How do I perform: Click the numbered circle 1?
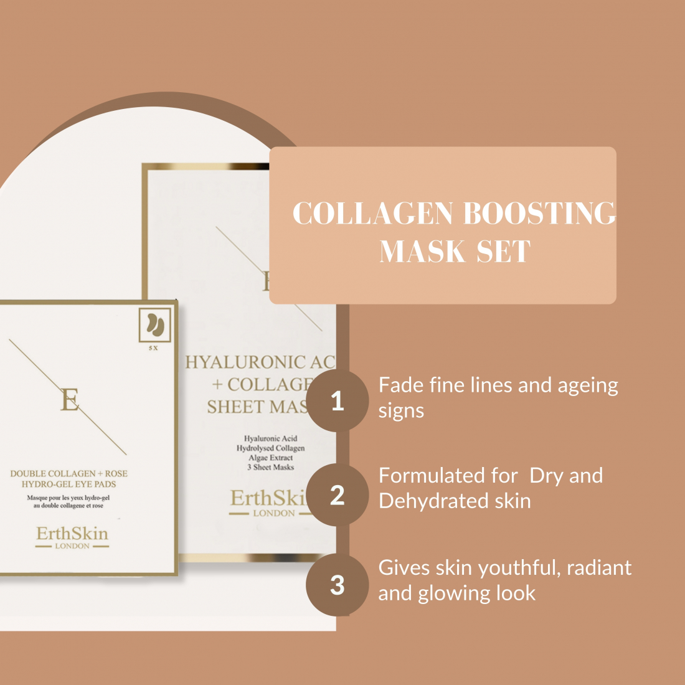[337, 401]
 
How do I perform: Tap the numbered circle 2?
[337, 495]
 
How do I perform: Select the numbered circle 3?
[337, 585]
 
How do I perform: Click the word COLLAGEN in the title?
[373, 214]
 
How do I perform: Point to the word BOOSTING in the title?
[539, 214]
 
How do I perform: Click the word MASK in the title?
[422, 252]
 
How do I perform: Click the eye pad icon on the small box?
[154, 324]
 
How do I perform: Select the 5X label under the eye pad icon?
[154, 348]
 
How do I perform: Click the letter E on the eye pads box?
[69, 400]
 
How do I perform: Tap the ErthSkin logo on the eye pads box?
[72, 534]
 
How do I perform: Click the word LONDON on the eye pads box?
[72, 546]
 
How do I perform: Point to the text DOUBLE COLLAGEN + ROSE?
[68, 474]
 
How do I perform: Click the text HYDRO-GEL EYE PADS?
[68, 484]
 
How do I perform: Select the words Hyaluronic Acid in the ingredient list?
[271, 438]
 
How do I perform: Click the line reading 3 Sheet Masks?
[271, 467]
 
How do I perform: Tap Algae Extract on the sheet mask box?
[271, 458]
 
